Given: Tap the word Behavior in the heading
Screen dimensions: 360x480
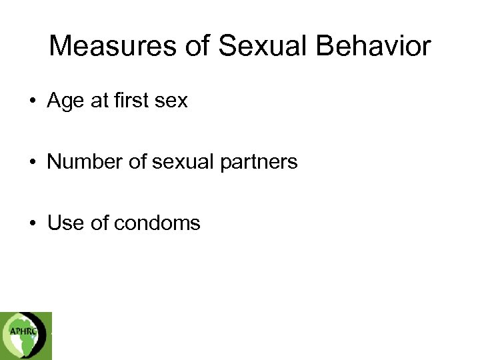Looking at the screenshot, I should (375, 47).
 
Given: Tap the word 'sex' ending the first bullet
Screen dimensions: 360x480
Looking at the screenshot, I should (171, 101).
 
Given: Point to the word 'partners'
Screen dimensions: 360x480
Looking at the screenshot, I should (261, 163).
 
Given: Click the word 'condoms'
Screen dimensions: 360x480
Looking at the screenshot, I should (157, 223).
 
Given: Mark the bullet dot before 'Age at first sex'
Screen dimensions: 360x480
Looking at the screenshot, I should (32, 102).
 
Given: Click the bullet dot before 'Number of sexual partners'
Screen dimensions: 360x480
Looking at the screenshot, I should (32, 163).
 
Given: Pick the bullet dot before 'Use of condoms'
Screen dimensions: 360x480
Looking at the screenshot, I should (32, 223).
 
